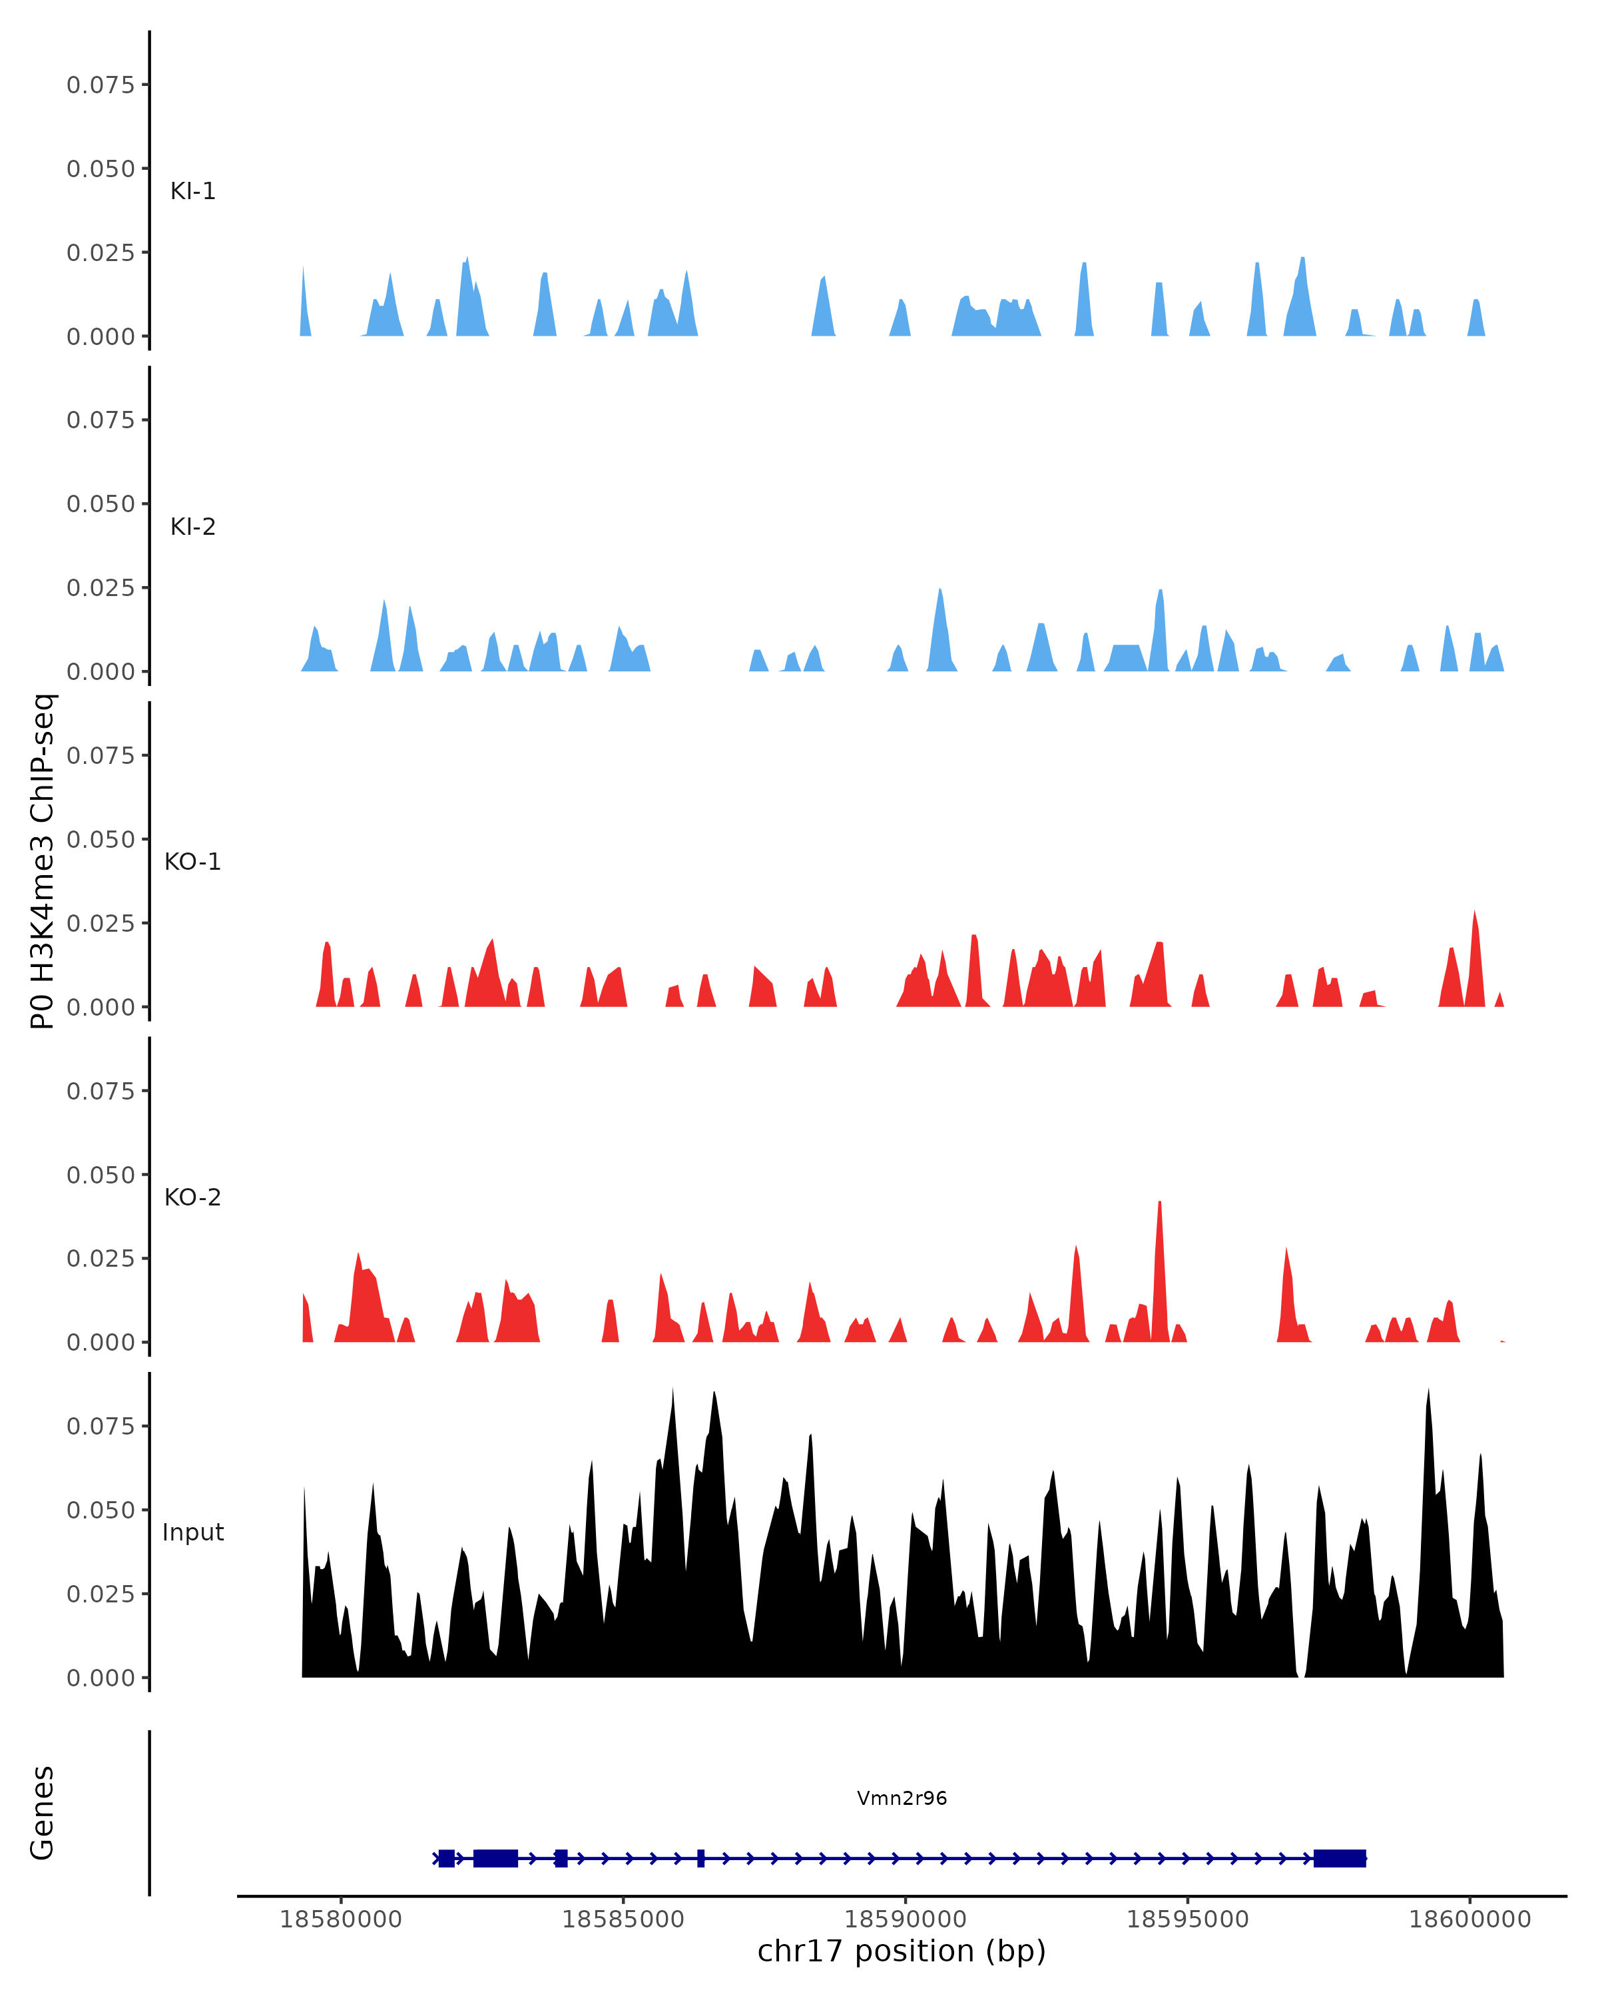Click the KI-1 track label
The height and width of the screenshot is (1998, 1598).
[192, 192]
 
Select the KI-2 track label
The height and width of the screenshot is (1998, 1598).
[192, 527]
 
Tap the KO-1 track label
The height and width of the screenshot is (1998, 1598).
[192, 862]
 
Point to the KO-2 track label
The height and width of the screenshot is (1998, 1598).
[192, 1197]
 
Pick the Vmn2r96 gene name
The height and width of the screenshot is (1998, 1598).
[902, 1799]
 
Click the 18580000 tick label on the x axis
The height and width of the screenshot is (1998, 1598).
[341, 1919]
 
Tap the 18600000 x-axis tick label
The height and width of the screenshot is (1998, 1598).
[1469, 1919]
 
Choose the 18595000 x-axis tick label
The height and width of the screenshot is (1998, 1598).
[1188, 1919]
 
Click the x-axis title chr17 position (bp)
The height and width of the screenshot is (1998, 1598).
[902, 1951]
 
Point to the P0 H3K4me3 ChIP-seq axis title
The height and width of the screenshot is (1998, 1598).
[43, 862]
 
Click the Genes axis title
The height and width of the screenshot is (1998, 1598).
[43, 1813]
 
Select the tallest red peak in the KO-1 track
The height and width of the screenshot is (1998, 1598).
[1474, 914]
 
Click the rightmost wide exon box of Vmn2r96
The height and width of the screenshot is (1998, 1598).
[1340, 1858]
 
